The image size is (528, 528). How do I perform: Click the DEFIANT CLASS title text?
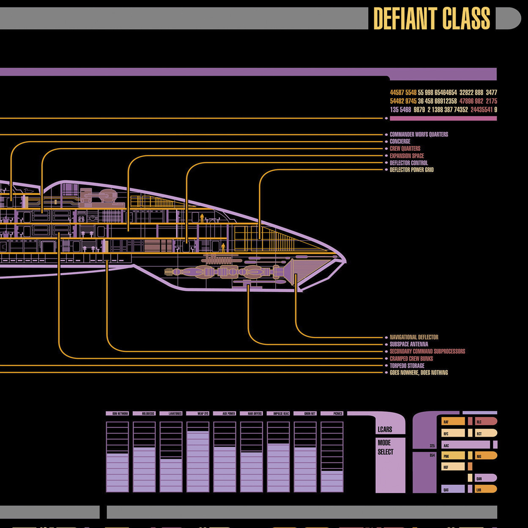click(x=431, y=19)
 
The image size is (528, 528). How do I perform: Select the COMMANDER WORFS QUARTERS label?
click(x=419, y=134)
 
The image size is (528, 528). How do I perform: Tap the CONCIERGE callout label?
click(x=400, y=142)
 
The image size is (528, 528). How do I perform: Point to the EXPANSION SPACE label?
click(x=407, y=156)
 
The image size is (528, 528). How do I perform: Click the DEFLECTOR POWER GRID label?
click(x=411, y=170)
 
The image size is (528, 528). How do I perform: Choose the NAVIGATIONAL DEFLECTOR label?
click(x=414, y=337)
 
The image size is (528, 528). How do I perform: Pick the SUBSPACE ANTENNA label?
click(x=409, y=345)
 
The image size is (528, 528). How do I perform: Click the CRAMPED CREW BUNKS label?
click(x=411, y=358)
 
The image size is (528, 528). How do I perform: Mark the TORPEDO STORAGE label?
click(x=407, y=366)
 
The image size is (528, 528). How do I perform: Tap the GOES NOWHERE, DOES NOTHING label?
click(x=419, y=373)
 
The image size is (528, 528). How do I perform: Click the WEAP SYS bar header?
click(x=198, y=413)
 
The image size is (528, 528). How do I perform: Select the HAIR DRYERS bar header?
click(x=252, y=413)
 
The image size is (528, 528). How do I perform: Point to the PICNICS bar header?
click(x=332, y=413)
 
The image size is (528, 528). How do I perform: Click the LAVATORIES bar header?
click(x=171, y=413)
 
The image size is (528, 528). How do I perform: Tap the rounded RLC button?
click(x=485, y=421)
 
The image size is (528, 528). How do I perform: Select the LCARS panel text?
click(x=385, y=430)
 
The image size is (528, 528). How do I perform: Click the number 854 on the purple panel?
click(x=432, y=455)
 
